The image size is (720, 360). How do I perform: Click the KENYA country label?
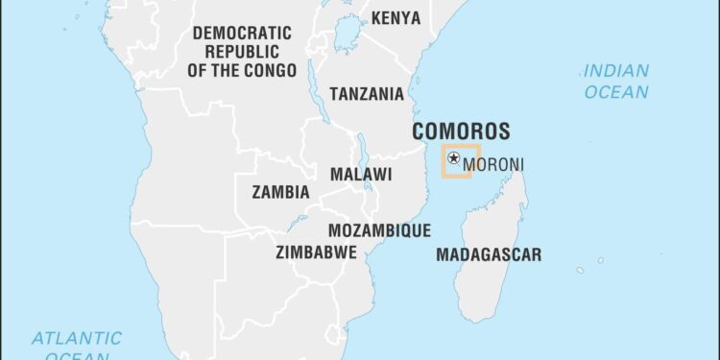[395, 18]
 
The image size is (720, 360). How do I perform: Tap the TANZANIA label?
[367, 94]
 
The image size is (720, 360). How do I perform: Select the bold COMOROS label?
[461, 132]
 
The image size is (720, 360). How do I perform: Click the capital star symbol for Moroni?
[453, 158]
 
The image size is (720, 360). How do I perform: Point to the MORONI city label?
[493, 165]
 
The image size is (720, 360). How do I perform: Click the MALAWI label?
[361, 175]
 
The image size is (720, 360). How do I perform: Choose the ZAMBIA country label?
[280, 192]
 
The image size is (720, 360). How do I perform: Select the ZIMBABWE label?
[316, 252]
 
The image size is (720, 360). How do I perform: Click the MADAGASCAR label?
[488, 255]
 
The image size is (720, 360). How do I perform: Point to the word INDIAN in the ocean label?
[615, 71]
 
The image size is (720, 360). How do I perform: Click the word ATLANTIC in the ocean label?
[77, 338]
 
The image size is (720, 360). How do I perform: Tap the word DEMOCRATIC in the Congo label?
[242, 33]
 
